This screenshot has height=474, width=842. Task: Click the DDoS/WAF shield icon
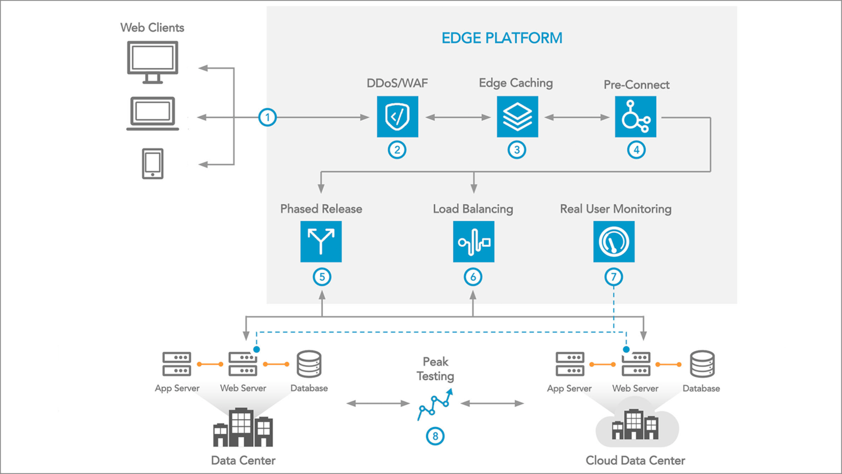[x=398, y=116]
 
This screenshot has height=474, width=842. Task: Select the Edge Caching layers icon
[x=517, y=116]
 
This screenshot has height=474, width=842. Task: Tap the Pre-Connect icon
[x=636, y=117]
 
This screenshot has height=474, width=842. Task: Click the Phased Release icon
[x=321, y=242]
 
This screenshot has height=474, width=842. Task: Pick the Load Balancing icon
[x=474, y=242]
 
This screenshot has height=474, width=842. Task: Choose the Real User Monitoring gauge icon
[x=614, y=242]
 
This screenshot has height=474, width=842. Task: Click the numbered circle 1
[x=268, y=118]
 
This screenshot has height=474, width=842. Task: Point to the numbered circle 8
[x=435, y=436]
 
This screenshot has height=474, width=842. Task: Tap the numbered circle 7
[x=614, y=276]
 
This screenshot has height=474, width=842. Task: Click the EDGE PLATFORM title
[x=502, y=39]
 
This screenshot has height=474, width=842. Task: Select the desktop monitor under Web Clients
[x=153, y=62]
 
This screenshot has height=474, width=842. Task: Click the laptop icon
[x=153, y=114]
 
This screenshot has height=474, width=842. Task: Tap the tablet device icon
[x=153, y=163]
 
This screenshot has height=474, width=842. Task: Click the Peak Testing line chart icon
[x=435, y=404]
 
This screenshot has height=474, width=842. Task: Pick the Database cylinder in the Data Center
[x=309, y=364]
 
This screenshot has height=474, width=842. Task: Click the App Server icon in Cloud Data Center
[x=570, y=364]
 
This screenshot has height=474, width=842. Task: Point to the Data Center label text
[x=243, y=460]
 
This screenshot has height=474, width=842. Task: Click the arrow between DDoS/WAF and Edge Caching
[x=458, y=118]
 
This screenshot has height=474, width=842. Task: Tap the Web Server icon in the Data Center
[x=243, y=364]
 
